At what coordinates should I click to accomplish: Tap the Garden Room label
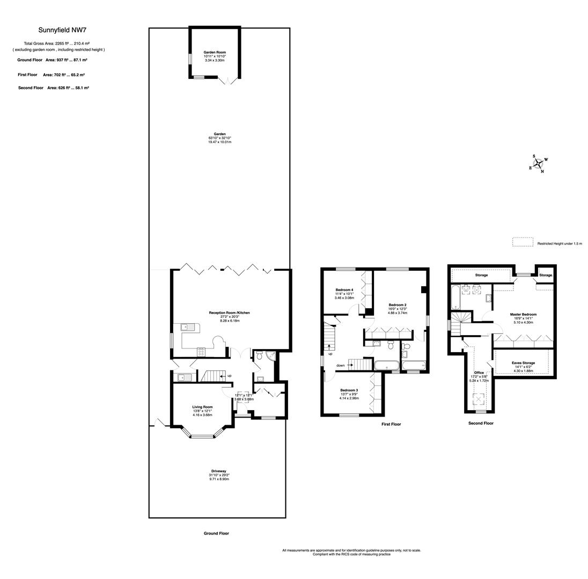coord(214,52)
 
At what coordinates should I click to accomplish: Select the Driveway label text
coord(219,471)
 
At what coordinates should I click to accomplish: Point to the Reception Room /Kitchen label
coord(229,313)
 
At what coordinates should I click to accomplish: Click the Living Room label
coord(202,407)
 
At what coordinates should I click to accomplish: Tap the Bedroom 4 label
coord(344,289)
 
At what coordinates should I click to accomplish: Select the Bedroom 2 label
coord(398,305)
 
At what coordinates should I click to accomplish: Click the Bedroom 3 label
coord(349,390)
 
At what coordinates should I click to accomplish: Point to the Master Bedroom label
coord(523,314)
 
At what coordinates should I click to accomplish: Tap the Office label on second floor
coord(479,373)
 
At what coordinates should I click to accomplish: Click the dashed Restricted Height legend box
coord(523,242)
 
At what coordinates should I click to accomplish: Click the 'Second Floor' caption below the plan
coord(481,423)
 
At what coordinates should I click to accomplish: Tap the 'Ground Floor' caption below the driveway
coord(216,533)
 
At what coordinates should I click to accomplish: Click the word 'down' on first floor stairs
coord(341,366)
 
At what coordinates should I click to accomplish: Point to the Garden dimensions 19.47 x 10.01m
coord(219,142)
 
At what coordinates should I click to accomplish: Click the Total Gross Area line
coord(56,43)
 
